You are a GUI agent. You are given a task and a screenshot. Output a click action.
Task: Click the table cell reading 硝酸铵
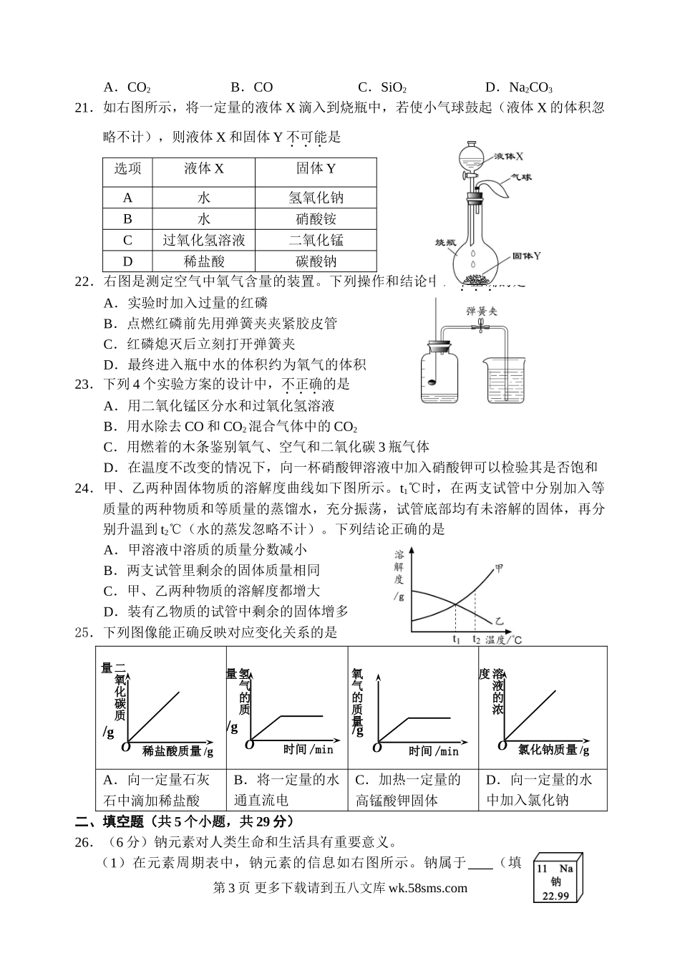pos(316,219)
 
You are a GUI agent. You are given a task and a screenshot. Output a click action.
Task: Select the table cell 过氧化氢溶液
pos(204,241)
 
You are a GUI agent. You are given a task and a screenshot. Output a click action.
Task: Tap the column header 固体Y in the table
pos(316,168)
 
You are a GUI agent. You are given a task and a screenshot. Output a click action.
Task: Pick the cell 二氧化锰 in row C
pos(316,241)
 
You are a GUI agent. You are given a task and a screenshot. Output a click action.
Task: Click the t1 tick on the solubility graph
pos(457,639)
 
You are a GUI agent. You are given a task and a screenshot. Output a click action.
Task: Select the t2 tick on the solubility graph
pos(476,639)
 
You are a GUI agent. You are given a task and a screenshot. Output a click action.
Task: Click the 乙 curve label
pos(499,620)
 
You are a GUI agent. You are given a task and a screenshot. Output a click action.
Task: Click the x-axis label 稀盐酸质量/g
pos(178,750)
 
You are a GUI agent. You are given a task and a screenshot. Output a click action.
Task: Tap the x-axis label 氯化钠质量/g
pos(553,750)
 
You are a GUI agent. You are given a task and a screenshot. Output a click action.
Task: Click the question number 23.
pos(84,385)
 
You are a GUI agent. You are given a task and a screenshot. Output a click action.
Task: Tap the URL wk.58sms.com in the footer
pos(427,888)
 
